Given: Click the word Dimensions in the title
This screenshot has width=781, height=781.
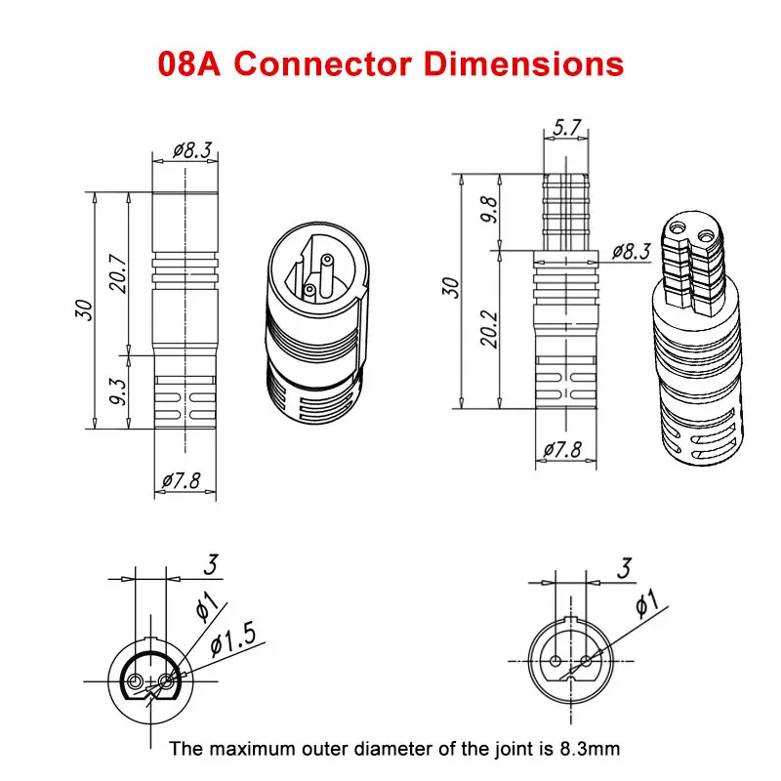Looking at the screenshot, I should (528, 63).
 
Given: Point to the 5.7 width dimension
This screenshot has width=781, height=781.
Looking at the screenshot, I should (567, 128).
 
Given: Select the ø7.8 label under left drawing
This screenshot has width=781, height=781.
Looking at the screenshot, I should (183, 480).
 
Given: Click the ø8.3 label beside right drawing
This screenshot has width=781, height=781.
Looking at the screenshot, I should (632, 251).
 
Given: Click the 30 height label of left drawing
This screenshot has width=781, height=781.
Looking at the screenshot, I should (86, 310).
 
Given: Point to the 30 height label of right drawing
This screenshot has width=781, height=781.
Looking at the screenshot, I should (451, 287).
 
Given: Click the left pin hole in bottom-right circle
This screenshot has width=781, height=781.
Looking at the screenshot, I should (553, 661).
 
